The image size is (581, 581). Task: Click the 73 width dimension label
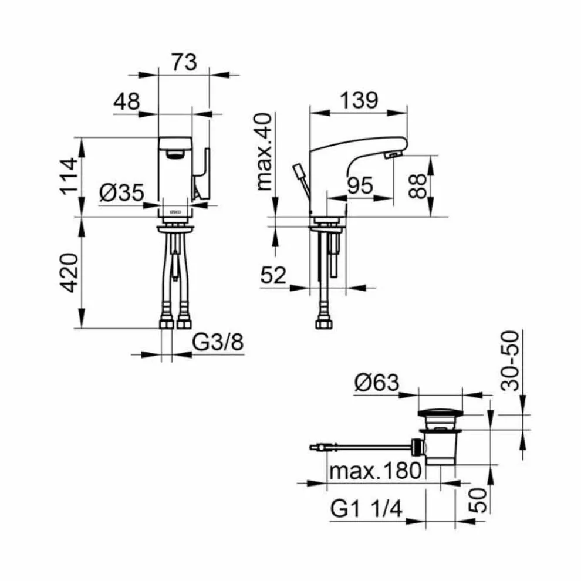tap(184, 62)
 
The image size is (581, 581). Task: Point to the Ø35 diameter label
tap(121, 192)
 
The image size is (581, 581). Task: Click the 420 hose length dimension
tap(69, 273)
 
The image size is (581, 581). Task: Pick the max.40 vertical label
tap(265, 152)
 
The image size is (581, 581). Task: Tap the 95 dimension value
tap(360, 185)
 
